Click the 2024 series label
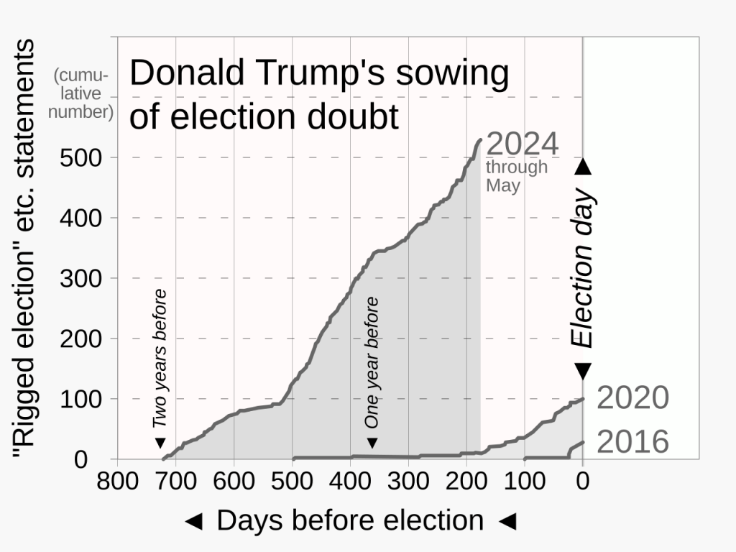(523, 144)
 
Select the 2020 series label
(632, 397)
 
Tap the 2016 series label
(632, 442)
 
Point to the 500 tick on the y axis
(83, 157)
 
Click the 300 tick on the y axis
(83, 278)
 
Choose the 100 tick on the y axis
(83, 399)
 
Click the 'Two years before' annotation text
(160, 358)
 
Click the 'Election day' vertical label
(583, 269)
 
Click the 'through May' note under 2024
(516, 176)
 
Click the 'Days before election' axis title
(350, 521)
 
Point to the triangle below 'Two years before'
(160, 443)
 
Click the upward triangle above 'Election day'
(583, 167)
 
